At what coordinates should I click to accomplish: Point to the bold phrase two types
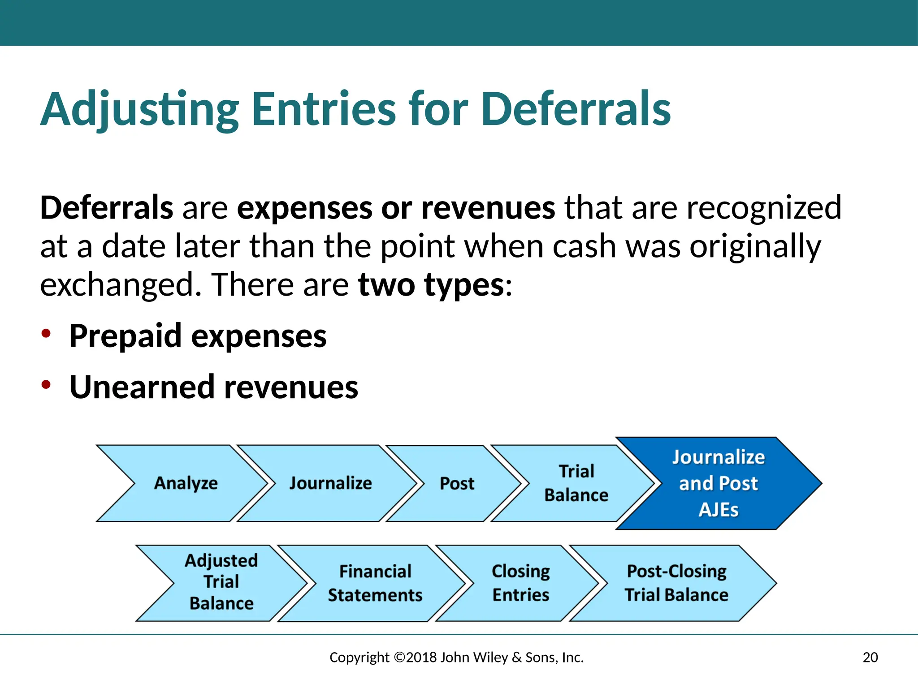(x=431, y=285)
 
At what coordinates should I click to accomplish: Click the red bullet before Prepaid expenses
(x=46, y=334)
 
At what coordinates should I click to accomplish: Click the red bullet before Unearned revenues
(x=46, y=385)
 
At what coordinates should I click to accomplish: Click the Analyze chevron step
(x=186, y=483)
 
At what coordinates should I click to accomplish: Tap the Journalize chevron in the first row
(x=330, y=483)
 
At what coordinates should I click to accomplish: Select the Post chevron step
(x=456, y=483)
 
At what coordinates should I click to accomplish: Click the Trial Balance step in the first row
(x=576, y=483)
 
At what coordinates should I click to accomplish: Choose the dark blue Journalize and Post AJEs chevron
(x=718, y=483)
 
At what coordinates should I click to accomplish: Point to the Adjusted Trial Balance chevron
(x=221, y=582)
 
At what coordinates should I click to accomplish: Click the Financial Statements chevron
(x=375, y=583)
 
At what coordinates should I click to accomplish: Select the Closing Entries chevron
(x=520, y=583)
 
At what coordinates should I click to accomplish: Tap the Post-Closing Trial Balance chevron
(x=676, y=583)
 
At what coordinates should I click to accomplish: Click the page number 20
(x=870, y=658)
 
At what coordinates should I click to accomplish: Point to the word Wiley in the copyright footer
(x=490, y=658)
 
